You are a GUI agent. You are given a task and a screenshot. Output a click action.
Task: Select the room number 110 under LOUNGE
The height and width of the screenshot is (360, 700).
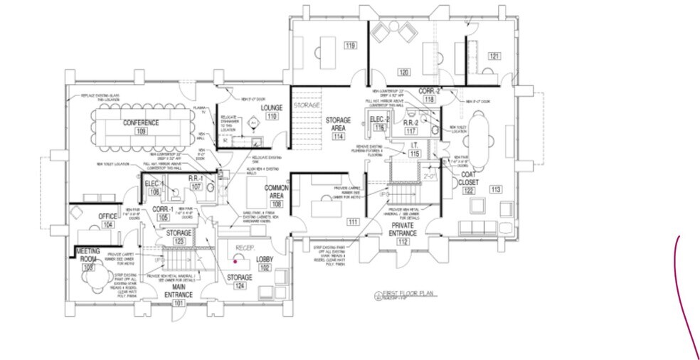coord(271,116)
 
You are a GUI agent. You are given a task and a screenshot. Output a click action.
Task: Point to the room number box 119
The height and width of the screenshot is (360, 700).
coord(350,47)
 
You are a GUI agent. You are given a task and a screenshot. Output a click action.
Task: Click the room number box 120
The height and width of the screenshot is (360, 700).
coord(403,73)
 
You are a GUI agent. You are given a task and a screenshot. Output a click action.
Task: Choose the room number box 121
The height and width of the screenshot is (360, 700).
coord(494,55)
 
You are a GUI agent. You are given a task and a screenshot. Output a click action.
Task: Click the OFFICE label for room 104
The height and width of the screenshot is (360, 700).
coord(107,216)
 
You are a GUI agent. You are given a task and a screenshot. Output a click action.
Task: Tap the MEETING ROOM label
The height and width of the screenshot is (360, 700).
coord(88,255)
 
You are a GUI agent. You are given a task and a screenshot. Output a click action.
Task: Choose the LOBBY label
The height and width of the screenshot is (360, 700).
coord(265,260)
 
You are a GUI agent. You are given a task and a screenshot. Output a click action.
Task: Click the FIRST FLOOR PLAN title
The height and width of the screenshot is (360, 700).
coord(408,292)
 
